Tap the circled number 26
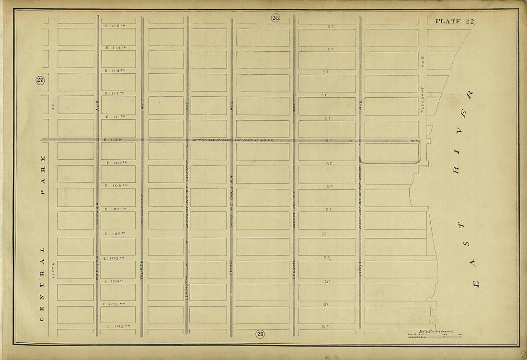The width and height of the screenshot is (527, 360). (275, 18)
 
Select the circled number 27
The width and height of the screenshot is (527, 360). (40, 81)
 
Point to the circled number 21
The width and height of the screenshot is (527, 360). (260, 334)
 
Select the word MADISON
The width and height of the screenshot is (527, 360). (97, 264)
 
